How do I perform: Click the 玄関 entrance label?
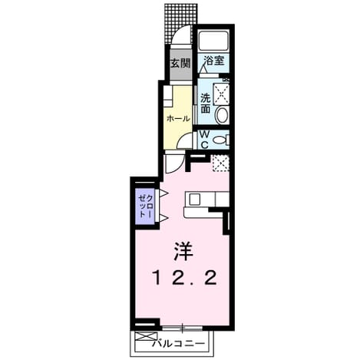181,63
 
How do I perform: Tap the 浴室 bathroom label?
213,61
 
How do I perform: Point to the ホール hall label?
178,118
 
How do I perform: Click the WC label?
204,140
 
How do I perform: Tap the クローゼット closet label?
146,206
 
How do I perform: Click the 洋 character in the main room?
183,251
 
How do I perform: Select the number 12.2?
185,278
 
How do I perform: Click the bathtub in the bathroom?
213,41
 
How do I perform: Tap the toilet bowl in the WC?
220,140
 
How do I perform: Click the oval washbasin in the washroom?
222,115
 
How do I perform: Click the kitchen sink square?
195,199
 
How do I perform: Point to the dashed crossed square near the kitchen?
220,163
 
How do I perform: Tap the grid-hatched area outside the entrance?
180,23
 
